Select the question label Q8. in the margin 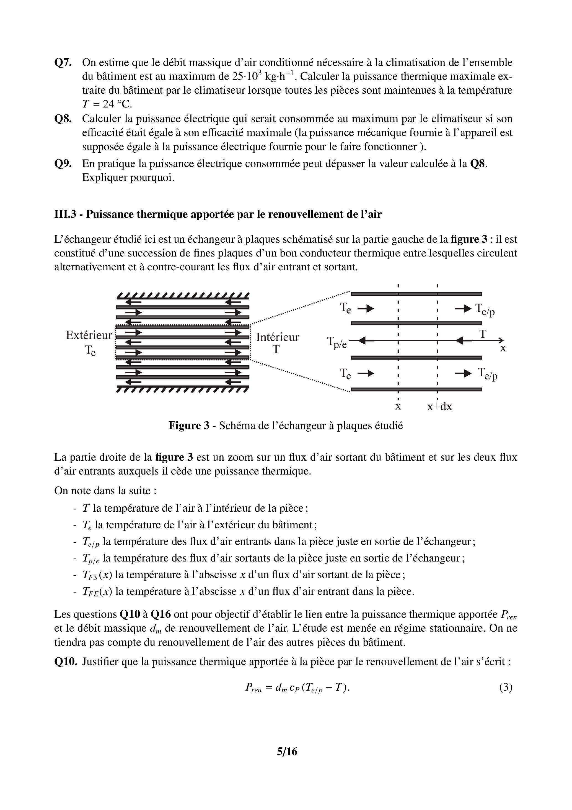(63, 119)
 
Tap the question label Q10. (66, 661)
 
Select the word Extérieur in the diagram (89, 335)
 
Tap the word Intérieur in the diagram (277, 337)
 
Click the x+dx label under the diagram (439, 407)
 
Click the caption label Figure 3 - (192, 425)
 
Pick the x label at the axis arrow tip (503, 348)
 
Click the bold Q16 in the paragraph (161, 614)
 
